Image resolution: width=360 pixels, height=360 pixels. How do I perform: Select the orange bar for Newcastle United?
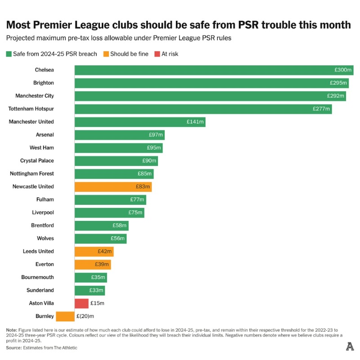pyautogui.click(x=113, y=187)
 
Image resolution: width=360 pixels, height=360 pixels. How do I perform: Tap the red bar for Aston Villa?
pyautogui.click(x=81, y=303)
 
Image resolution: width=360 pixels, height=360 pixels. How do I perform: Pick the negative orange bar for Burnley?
pyautogui.click(x=65, y=316)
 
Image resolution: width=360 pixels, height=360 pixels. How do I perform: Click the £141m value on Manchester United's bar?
pyautogui.click(x=195, y=122)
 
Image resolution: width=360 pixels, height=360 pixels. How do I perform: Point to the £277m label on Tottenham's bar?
pyautogui.click(x=321, y=109)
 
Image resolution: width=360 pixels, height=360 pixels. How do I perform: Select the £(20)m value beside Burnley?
pyautogui.click(x=85, y=316)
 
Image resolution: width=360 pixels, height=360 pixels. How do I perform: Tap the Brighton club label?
pyautogui.click(x=43, y=83)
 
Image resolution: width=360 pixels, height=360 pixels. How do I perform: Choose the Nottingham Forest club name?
pyautogui.click(x=31, y=174)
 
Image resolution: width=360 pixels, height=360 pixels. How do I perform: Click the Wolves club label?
pyautogui.click(x=45, y=238)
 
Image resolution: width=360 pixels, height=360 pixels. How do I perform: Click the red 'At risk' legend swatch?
pyautogui.click(x=157, y=54)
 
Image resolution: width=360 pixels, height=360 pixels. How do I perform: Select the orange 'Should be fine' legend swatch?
pyautogui.click(x=106, y=54)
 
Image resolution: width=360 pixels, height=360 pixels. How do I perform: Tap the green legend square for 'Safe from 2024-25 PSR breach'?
pyautogui.click(x=9, y=54)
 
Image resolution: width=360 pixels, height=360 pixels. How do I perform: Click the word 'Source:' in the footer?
pyautogui.click(x=14, y=347)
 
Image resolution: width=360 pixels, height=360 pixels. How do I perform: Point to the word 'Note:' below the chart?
pyautogui.click(x=12, y=330)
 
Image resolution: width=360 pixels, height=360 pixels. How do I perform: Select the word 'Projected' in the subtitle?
pyautogui.click(x=20, y=38)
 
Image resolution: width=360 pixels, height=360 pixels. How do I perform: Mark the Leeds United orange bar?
pyautogui.click(x=94, y=252)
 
